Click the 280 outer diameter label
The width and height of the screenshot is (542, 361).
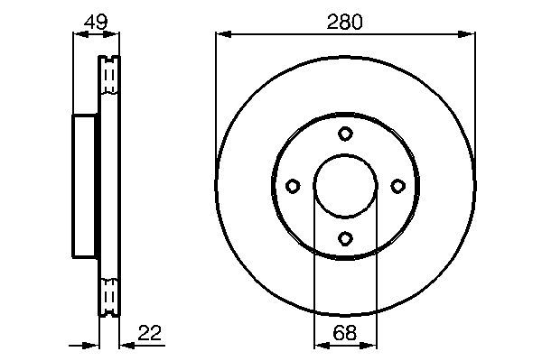click(x=345, y=22)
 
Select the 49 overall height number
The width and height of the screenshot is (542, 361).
click(x=95, y=22)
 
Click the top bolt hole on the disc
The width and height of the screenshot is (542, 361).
click(x=345, y=134)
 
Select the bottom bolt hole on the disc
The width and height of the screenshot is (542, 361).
click(x=345, y=238)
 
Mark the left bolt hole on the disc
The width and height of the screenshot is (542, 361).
click(x=292, y=186)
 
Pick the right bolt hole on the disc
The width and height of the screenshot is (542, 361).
click(x=397, y=186)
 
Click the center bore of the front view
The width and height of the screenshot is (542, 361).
click(x=345, y=186)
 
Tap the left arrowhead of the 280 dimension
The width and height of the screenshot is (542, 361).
click(x=222, y=35)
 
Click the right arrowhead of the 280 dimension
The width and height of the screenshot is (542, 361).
click(x=468, y=35)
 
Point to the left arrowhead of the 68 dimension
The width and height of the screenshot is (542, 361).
click(x=320, y=345)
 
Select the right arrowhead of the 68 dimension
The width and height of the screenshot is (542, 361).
click(x=370, y=345)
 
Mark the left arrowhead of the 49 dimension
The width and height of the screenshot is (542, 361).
click(x=78, y=35)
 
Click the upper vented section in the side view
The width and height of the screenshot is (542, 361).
click(x=108, y=77)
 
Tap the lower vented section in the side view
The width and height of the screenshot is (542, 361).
click(x=108, y=295)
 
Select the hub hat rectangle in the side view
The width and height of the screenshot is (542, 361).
click(x=85, y=186)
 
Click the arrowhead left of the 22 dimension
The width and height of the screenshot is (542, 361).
click(x=91, y=345)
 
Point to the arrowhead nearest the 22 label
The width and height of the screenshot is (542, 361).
click(x=125, y=345)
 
